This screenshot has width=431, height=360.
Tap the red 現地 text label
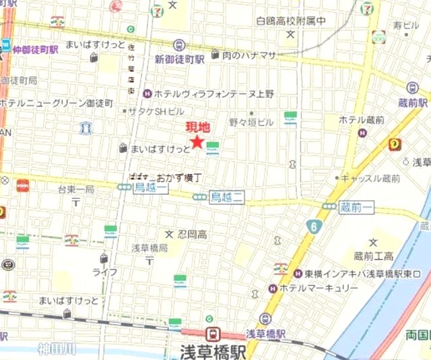pyautogui.click(x=197, y=127)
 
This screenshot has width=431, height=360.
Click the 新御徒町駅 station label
pyautogui.click(x=180, y=59)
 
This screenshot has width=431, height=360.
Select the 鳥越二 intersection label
pyautogui.click(x=226, y=196)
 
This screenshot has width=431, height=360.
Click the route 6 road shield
pyautogui.click(x=314, y=227)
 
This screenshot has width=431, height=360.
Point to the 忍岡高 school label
pyautogui.click(x=192, y=234)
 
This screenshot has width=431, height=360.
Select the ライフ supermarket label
pyautogui.click(x=105, y=271)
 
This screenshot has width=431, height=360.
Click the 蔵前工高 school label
pyautogui.click(x=374, y=256)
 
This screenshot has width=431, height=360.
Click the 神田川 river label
pyautogui.click(x=58, y=348)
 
